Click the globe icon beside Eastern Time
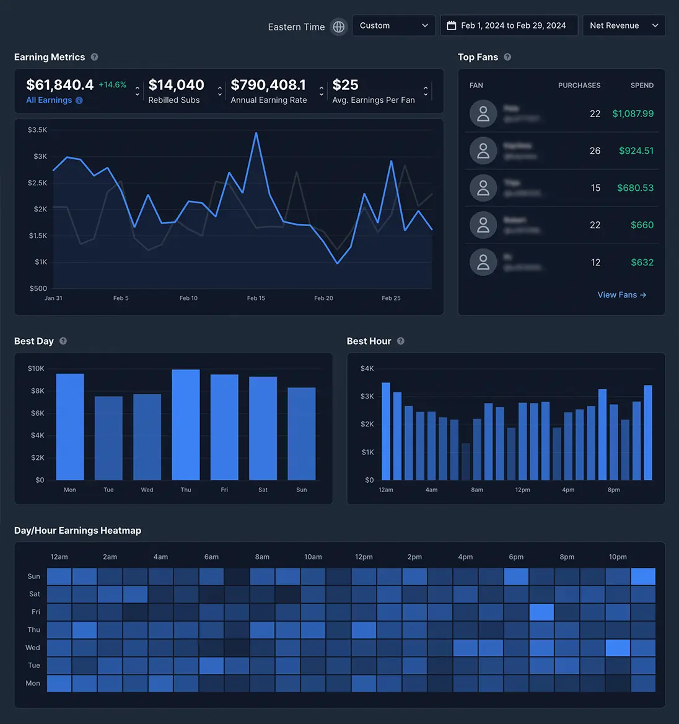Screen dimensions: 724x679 point(338,27)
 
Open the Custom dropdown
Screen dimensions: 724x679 point(393,25)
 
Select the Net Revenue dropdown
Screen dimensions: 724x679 point(623,25)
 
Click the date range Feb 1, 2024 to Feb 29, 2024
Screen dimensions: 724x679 point(509,25)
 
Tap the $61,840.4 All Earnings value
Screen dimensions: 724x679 point(60,85)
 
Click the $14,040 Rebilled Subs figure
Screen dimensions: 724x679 point(177,85)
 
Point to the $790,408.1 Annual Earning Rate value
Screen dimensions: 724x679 point(268,85)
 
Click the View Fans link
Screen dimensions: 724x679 point(621,295)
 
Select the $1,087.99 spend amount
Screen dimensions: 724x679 point(633,113)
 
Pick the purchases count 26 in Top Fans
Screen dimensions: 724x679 point(595,151)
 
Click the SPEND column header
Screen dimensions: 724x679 point(642,86)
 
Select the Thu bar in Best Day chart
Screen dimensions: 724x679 point(186,425)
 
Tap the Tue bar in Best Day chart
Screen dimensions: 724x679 point(108,438)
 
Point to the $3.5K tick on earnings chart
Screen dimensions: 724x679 point(37,130)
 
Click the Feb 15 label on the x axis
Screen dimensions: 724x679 point(256,298)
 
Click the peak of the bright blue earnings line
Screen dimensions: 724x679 point(256,133)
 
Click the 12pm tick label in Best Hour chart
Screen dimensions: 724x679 point(522,490)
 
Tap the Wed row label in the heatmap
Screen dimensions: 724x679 point(33,648)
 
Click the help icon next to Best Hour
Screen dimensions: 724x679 point(401,341)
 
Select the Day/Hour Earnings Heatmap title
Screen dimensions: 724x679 point(77,531)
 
